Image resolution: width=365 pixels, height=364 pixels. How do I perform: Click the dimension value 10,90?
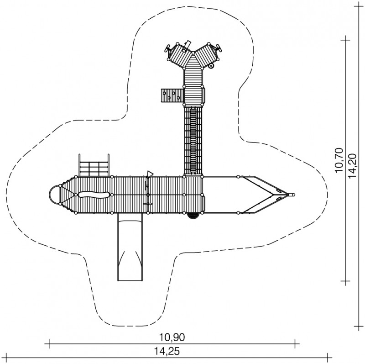point(172,337)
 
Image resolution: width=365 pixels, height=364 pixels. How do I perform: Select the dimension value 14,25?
point(167,351)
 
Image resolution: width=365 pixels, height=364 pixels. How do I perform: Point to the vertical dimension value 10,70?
point(339,160)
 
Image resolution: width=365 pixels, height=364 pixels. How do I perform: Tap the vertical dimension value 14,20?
point(353,165)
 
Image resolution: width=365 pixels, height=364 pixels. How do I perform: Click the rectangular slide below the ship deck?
point(130,247)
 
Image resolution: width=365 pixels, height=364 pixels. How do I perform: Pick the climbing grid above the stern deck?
point(94,165)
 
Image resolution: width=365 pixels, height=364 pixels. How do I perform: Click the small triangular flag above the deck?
point(150,174)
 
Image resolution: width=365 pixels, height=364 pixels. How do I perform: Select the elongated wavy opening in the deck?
point(94,195)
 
